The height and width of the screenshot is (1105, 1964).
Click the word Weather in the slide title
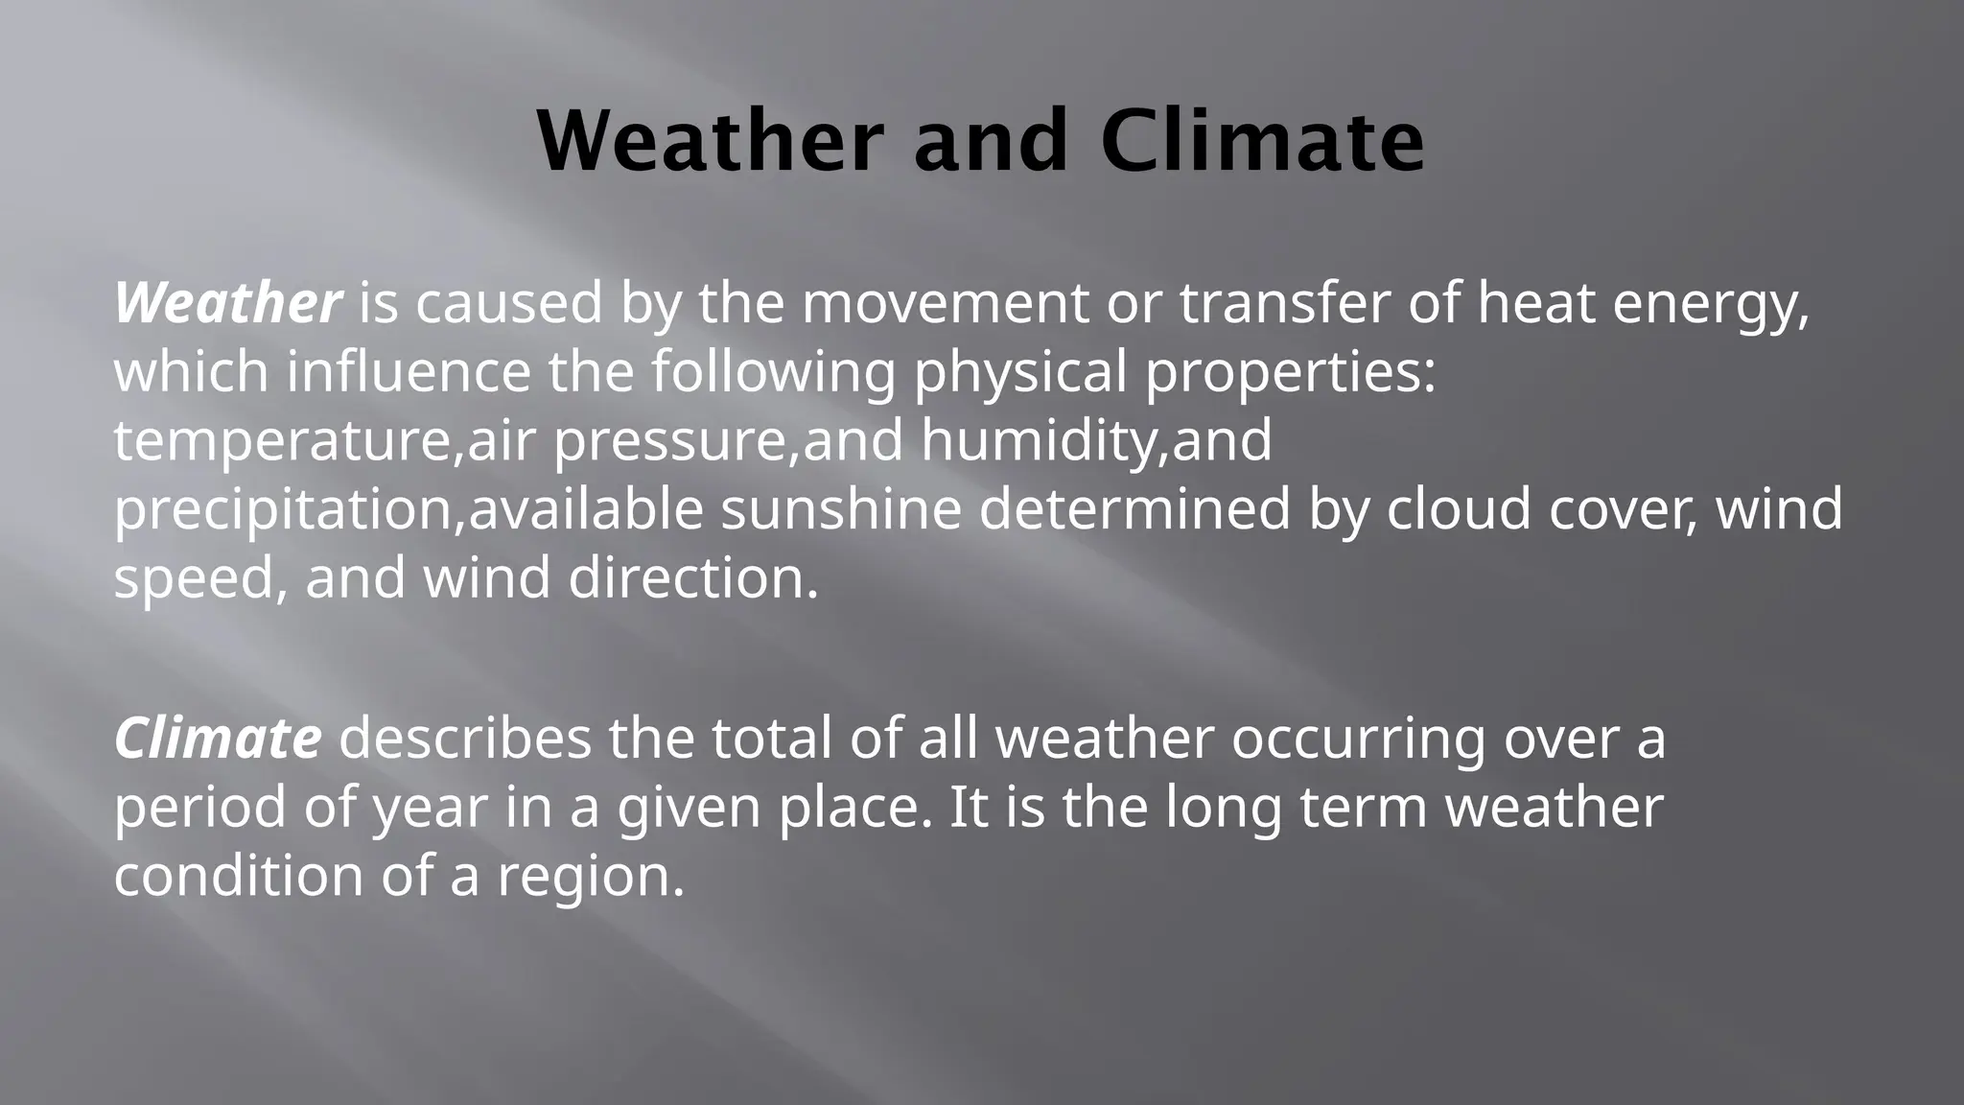point(708,141)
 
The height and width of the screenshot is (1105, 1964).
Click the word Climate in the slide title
point(1262,141)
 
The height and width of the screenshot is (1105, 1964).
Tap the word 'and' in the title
point(990,141)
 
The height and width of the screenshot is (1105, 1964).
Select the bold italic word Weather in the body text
point(227,303)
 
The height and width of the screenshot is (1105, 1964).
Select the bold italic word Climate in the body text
point(218,739)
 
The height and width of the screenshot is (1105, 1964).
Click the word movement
point(945,303)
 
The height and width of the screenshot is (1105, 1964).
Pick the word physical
point(1019,374)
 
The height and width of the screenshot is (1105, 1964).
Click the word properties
point(1290,374)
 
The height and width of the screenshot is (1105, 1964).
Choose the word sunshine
point(840,508)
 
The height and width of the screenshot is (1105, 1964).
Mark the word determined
point(1134,508)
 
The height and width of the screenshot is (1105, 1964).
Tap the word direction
point(692,578)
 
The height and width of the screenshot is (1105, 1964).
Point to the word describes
point(464,739)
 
